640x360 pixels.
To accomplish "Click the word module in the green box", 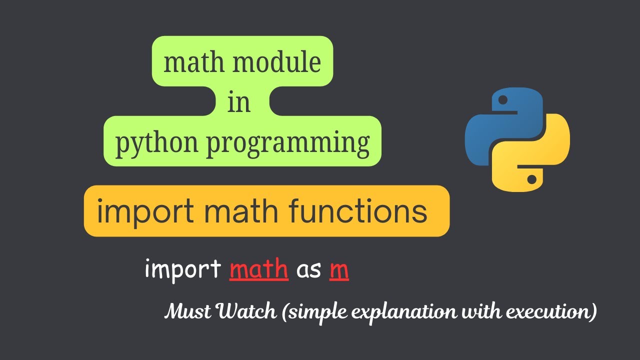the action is [276, 62].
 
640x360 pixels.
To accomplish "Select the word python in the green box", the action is [156, 144].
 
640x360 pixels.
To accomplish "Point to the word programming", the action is [288, 144].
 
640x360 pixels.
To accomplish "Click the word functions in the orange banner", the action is [357, 211].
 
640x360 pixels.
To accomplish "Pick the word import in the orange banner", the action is [145, 212].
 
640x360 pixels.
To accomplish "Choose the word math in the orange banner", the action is [241, 211].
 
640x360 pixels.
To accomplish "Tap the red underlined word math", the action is [259, 268].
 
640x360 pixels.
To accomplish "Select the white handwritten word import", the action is [183, 269].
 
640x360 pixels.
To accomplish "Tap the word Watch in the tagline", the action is [247, 311].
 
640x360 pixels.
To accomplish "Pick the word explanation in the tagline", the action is [403, 312].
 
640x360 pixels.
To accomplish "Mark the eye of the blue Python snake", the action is [503, 100].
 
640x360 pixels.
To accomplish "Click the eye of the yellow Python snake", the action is [531, 179].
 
